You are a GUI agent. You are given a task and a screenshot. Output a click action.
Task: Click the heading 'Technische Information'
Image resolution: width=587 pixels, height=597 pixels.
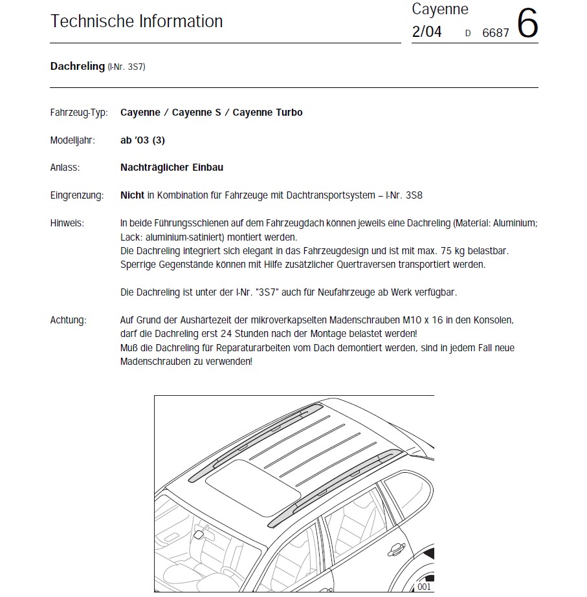[137, 21]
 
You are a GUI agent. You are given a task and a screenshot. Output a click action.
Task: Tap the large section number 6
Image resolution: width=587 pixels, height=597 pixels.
[527, 24]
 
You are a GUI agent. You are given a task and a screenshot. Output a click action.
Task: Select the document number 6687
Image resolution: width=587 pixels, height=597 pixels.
[496, 33]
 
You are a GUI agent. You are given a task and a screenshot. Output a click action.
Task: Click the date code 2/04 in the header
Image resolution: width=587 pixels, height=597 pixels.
[426, 32]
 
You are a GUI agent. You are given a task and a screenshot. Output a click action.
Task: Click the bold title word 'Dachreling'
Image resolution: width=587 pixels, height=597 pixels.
[77, 66]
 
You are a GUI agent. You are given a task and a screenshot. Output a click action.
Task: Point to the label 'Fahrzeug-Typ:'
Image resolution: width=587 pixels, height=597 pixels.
[79, 113]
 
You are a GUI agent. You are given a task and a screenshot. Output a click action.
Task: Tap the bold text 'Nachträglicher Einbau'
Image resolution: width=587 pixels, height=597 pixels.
[172, 168]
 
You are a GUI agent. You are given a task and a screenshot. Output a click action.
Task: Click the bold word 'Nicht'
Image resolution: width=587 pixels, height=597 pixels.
[132, 195]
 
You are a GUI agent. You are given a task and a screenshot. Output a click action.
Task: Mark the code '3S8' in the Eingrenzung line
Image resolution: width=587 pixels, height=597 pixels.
[413, 195]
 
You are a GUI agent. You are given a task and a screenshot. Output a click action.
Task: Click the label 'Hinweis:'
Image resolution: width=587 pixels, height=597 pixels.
[67, 223]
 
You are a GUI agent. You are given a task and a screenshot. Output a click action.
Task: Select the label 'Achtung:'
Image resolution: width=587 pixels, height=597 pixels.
[68, 320]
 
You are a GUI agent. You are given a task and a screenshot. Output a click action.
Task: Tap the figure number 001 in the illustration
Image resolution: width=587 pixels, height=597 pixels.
[424, 587]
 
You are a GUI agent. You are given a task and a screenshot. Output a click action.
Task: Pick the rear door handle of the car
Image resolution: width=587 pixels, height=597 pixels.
[393, 550]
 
